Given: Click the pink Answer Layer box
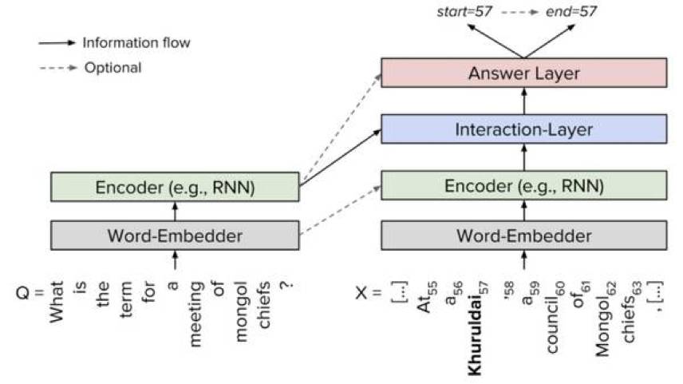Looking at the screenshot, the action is (x=523, y=73).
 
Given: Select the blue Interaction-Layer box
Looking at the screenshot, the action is (x=523, y=129).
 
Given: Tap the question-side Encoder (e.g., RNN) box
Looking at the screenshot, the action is (x=175, y=187).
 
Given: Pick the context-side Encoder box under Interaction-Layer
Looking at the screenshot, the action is (x=523, y=185).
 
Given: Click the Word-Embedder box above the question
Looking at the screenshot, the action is (x=175, y=236).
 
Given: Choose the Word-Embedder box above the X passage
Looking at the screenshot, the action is (x=523, y=236).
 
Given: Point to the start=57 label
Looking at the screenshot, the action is (x=464, y=12).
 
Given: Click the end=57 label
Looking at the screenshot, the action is (x=571, y=12).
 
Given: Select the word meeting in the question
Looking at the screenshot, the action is (x=195, y=314).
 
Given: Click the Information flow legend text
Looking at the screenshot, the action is (x=136, y=43).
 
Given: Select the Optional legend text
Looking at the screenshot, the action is (x=113, y=68).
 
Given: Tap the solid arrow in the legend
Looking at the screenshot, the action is (x=57, y=43).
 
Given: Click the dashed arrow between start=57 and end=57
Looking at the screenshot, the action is (x=519, y=12).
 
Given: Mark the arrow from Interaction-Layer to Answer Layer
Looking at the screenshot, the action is (x=524, y=101).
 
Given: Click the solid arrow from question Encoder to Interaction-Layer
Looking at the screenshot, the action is (x=340, y=157).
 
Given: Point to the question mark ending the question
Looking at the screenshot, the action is (x=286, y=286).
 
